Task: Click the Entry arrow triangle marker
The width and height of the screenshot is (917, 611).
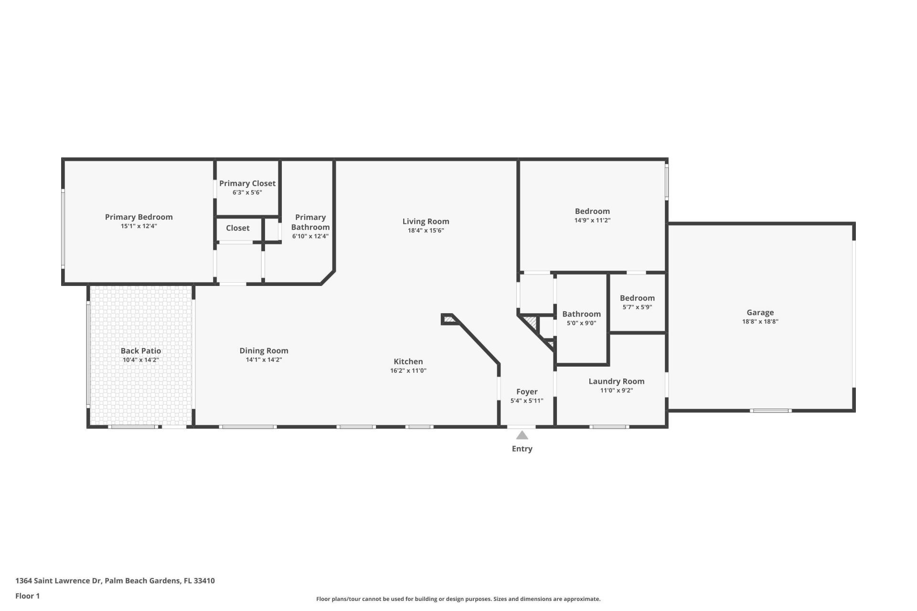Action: [x=522, y=435]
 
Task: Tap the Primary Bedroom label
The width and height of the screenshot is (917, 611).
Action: [x=139, y=217]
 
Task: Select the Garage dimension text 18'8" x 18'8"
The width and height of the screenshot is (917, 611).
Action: [x=760, y=322]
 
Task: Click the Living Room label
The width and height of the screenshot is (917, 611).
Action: [x=426, y=221]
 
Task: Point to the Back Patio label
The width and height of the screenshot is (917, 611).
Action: [x=140, y=351]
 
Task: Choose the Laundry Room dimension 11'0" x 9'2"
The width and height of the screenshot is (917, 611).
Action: [x=616, y=390]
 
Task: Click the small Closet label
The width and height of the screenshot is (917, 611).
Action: [x=237, y=228]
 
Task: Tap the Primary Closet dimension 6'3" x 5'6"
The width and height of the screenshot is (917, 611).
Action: [x=247, y=193]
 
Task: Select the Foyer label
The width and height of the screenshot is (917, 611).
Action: [x=527, y=392]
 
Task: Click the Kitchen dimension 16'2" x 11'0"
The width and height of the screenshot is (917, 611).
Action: [x=408, y=371]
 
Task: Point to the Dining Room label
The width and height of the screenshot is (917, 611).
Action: [x=264, y=351]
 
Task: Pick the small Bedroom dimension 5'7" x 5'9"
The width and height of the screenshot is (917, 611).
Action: [x=637, y=307]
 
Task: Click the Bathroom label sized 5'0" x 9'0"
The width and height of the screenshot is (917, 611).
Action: [x=581, y=314]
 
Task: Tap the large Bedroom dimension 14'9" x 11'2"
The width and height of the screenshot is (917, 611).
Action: [x=592, y=221]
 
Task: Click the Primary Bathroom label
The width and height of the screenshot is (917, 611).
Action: [x=310, y=222]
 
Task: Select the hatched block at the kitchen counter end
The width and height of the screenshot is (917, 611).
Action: [x=448, y=319]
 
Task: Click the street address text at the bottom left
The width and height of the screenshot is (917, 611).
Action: [x=115, y=581]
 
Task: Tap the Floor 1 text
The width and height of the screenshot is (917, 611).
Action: [x=27, y=596]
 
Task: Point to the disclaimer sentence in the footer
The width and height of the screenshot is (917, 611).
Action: [x=458, y=599]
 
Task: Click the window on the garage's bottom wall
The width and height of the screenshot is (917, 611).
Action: [x=770, y=411]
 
